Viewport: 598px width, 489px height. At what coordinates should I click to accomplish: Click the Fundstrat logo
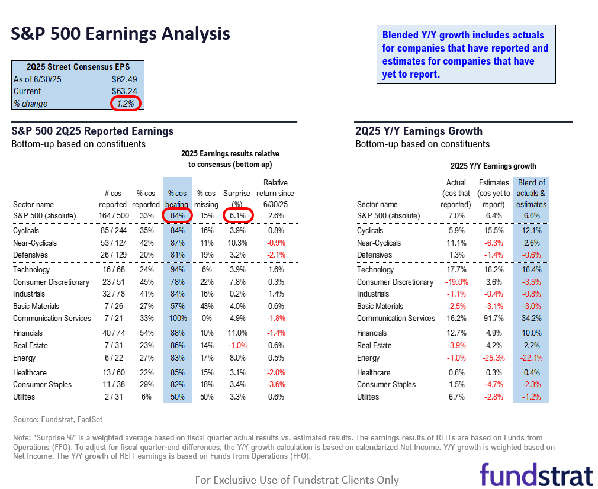click(x=536, y=475)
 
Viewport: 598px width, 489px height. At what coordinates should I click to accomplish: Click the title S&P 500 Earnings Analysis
click(x=121, y=33)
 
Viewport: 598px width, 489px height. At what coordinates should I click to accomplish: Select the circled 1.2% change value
click(x=126, y=103)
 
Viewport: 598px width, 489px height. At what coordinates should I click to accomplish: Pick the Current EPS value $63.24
click(x=126, y=91)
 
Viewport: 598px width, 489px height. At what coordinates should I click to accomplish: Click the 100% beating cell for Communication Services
click(x=178, y=318)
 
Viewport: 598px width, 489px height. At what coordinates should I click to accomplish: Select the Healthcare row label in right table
click(x=374, y=372)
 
